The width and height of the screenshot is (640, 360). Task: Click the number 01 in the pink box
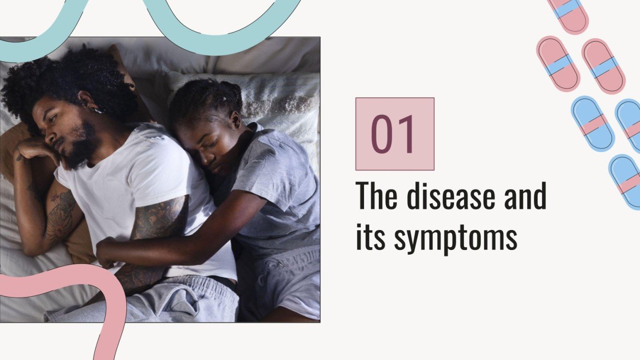click(395, 134)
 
